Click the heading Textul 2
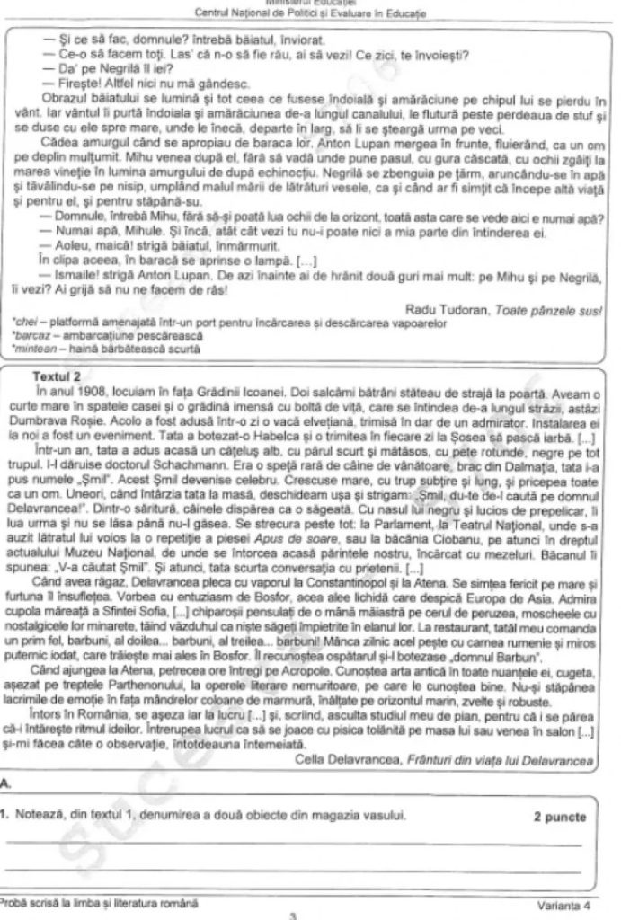56,377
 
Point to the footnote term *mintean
28,347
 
